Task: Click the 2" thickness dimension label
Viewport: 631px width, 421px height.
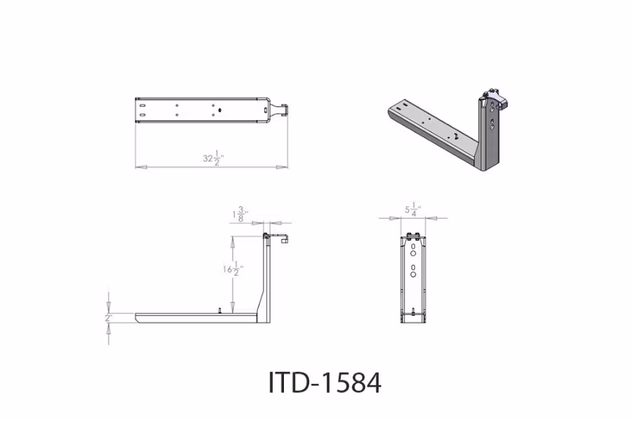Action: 108,318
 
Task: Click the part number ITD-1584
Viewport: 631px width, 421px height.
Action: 325,382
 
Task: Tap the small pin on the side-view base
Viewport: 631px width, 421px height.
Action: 220,310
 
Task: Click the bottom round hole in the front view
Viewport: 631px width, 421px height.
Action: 414,276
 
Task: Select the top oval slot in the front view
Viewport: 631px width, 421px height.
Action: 414,246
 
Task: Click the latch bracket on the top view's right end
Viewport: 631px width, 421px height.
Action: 284,109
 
